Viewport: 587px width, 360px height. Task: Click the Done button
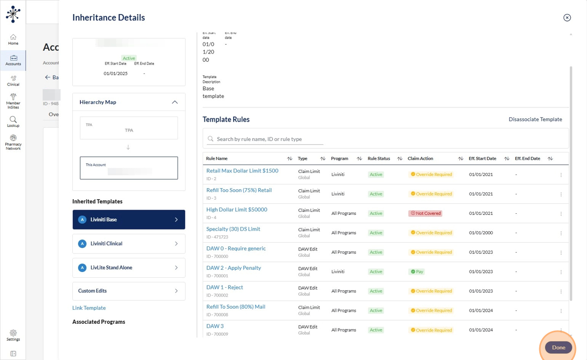(x=558, y=347)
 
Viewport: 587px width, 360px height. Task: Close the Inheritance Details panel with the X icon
(x=567, y=18)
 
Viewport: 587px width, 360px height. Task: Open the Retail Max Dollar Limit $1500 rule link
(x=242, y=171)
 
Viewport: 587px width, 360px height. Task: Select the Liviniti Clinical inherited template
(x=128, y=244)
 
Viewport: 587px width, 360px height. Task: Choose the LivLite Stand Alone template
(x=128, y=268)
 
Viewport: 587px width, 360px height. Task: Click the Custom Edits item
(x=128, y=291)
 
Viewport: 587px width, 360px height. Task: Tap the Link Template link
(x=89, y=308)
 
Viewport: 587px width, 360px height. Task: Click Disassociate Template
(x=535, y=119)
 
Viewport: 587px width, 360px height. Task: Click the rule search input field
(x=269, y=139)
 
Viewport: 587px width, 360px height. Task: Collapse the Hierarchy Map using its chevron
(x=175, y=102)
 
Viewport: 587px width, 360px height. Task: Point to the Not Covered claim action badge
(x=426, y=213)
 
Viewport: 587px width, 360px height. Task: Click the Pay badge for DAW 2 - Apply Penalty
(x=417, y=272)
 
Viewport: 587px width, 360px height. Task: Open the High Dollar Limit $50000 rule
(x=236, y=210)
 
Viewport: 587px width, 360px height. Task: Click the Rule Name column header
(x=217, y=158)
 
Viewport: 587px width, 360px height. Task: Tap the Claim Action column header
(x=420, y=158)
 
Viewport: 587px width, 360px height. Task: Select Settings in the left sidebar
(x=13, y=335)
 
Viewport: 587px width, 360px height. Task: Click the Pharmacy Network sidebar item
(x=13, y=143)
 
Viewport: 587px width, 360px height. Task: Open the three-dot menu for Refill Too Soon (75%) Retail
(x=561, y=194)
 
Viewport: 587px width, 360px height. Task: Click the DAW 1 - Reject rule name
(x=224, y=287)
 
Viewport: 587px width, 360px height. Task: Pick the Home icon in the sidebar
(x=13, y=39)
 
